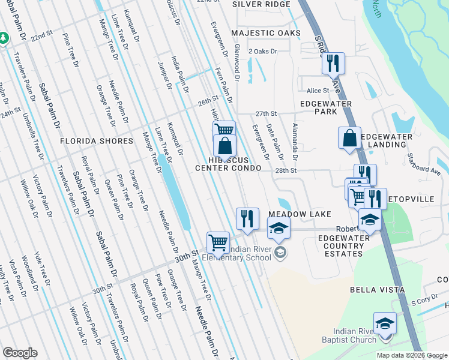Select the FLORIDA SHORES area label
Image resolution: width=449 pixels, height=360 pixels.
[x=97, y=141]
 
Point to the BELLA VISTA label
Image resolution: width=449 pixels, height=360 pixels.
[x=372, y=290]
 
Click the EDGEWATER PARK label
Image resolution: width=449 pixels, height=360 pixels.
[x=327, y=107]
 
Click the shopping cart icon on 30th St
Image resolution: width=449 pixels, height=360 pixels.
[x=218, y=242]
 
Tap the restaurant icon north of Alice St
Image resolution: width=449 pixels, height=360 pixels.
[x=333, y=63]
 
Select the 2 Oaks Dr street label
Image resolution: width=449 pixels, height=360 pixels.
[x=262, y=52]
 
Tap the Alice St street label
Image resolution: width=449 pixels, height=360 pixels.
[x=318, y=91]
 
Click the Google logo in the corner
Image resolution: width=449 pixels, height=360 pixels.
[x=20, y=353]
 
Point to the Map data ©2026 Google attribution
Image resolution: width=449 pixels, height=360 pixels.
[x=412, y=355]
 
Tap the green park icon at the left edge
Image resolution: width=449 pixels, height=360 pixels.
[x=3, y=38]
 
